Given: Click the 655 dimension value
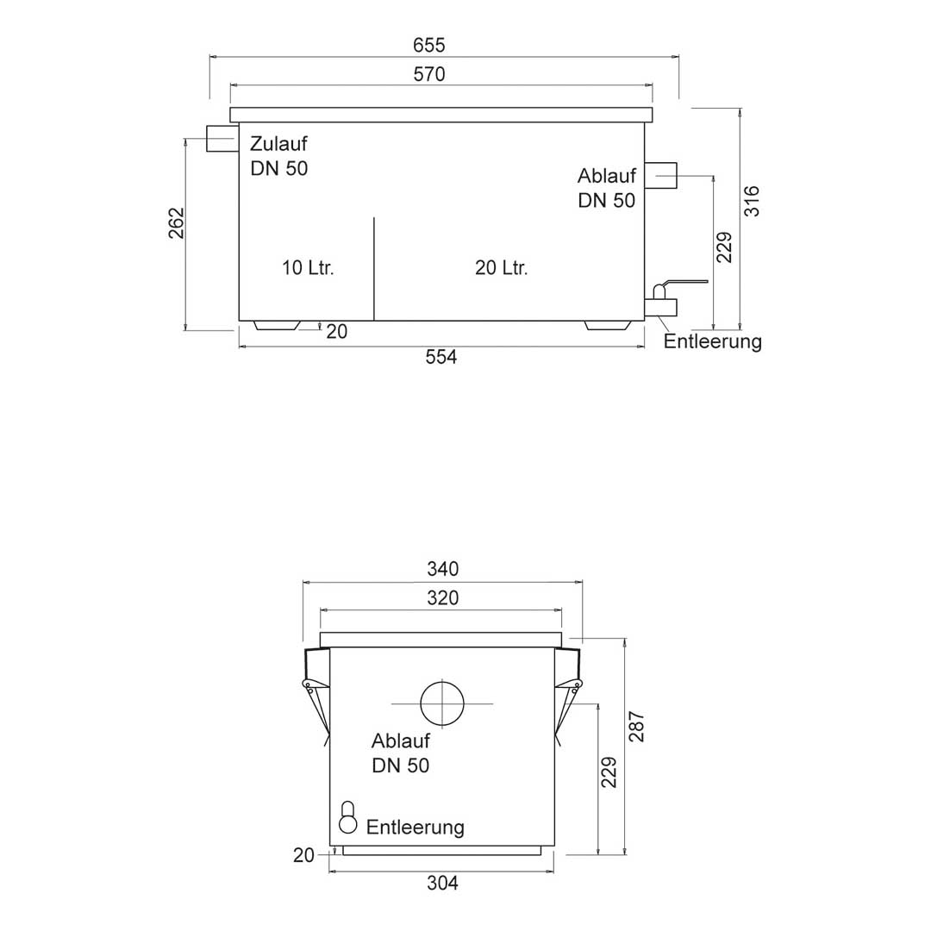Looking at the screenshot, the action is (x=428, y=45).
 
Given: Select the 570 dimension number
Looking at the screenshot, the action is (x=428, y=74).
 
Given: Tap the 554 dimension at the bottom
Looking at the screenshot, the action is (x=441, y=357).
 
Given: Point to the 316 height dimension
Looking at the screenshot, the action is (x=752, y=201).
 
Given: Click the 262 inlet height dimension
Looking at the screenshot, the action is (x=177, y=222).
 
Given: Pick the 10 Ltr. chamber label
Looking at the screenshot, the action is (x=308, y=268).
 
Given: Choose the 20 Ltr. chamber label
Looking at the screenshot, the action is (x=501, y=268).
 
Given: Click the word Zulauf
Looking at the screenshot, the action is (x=278, y=144).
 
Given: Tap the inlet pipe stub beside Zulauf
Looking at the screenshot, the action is (x=222, y=138).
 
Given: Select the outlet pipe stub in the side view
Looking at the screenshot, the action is (x=660, y=175).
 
